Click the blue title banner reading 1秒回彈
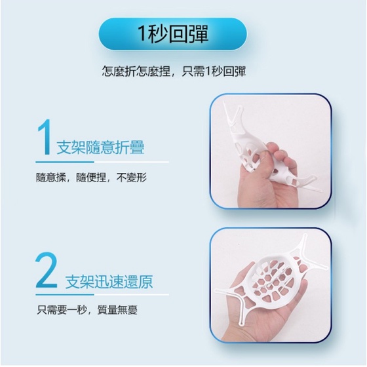pos(172,34)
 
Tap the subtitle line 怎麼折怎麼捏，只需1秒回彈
pos(174,71)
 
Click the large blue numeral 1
pos(45,137)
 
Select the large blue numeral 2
pos(47,270)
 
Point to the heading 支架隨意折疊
pos(100,147)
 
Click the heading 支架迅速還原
pos(109,282)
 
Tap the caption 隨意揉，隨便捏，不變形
pos(91,178)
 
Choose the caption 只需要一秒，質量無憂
pos(87,309)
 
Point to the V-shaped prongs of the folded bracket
pos(232,115)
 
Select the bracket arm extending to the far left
pos(227,290)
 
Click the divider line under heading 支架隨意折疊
pos(102,162)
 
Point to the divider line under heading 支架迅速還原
pos(102,295)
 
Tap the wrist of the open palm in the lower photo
pos(237,332)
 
